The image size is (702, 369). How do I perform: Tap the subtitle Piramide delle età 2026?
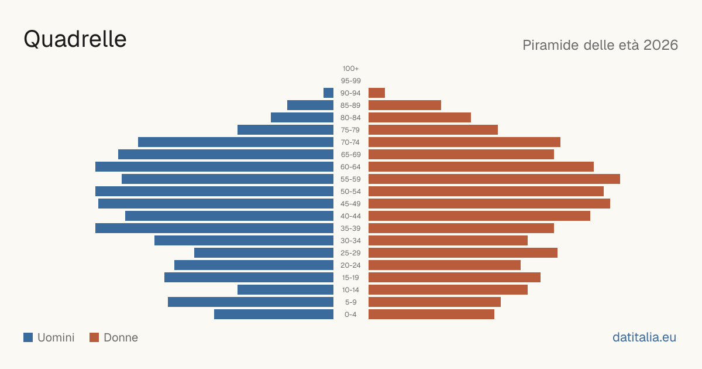click(x=600, y=45)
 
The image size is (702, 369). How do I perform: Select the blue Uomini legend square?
click(x=28, y=337)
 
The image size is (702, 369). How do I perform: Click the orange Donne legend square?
click(x=94, y=337)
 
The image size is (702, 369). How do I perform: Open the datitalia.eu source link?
click(x=644, y=337)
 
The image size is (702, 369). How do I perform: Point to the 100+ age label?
click(x=350, y=69)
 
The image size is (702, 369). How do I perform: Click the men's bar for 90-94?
click(x=328, y=93)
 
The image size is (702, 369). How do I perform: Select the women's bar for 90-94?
click(x=377, y=93)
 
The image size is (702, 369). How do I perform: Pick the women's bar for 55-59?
click(x=494, y=179)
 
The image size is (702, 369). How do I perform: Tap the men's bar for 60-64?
click(x=214, y=166)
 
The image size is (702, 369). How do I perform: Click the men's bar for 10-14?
click(x=285, y=289)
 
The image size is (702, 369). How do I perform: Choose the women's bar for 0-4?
click(x=431, y=314)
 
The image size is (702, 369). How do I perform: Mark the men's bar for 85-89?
click(x=310, y=105)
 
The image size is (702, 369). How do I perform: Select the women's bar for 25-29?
click(x=463, y=252)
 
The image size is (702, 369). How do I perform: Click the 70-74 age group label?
click(x=350, y=142)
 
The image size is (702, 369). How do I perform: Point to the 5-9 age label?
click(x=350, y=302)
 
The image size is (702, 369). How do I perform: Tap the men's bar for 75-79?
click(x=285, y=129)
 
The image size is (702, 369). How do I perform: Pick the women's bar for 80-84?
click(x=419, y=117)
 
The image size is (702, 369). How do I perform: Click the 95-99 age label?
click(x=350, y=81)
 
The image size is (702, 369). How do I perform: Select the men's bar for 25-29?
click(x=264, y=252)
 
